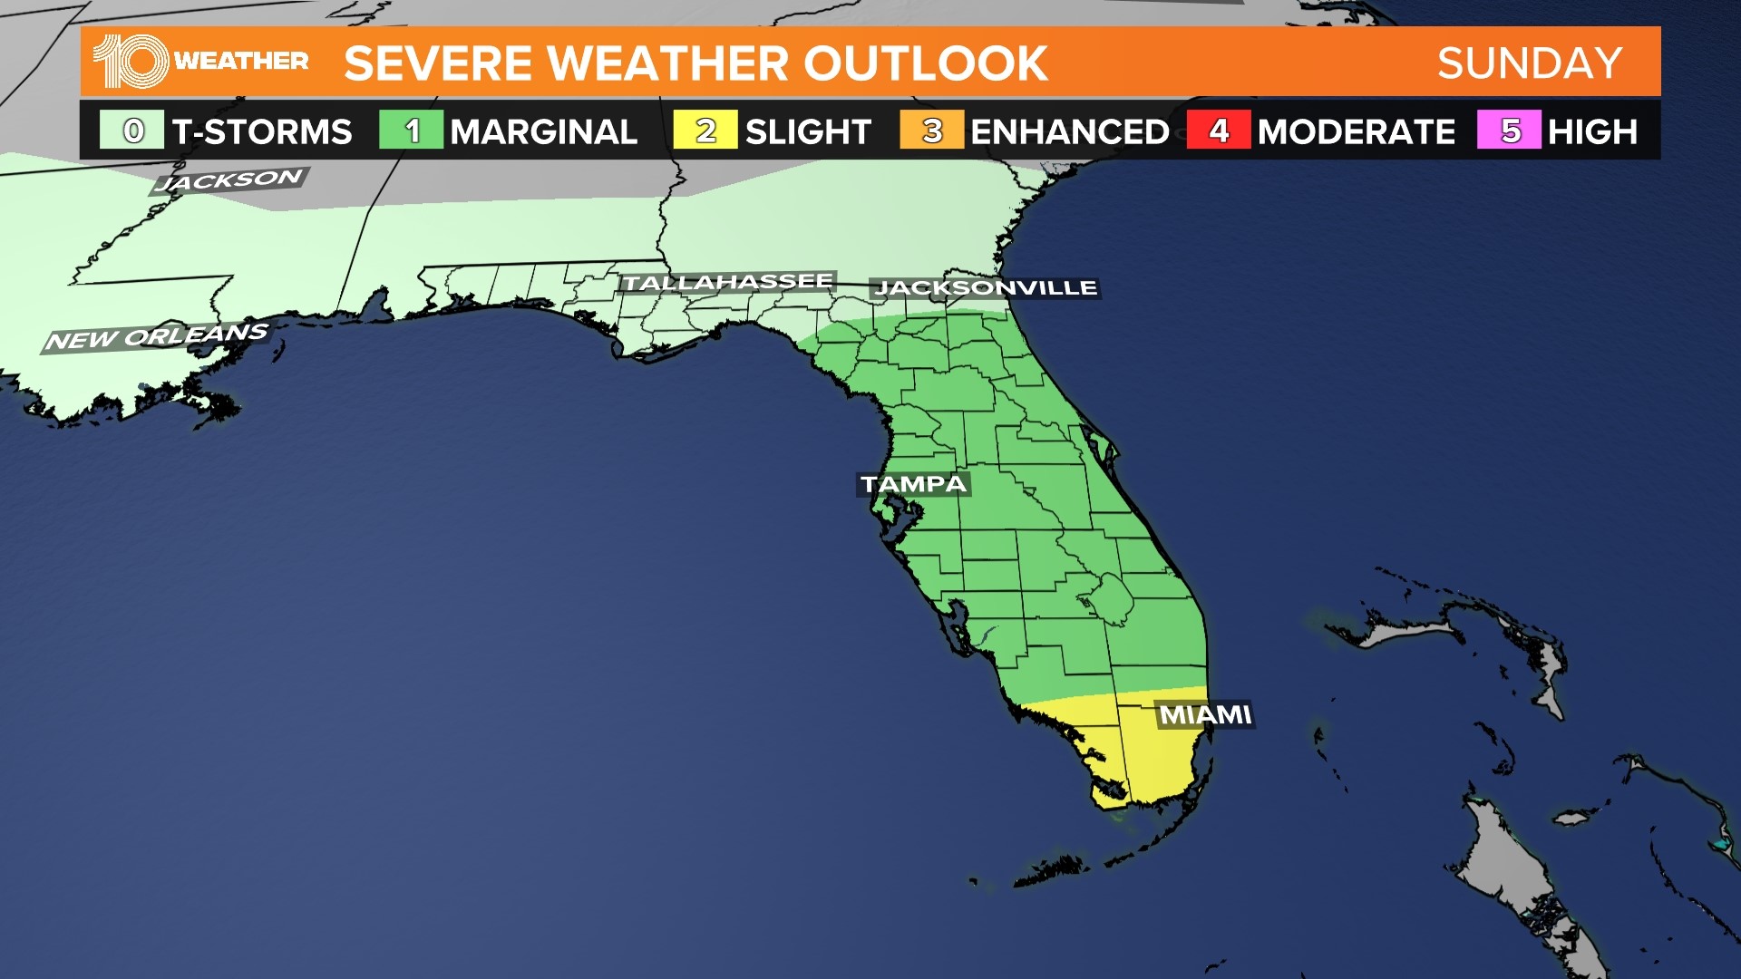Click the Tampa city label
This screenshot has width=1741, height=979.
pyautogui.click(x=914, y=484)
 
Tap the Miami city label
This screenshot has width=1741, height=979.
pyautogui.click(x=1205, y=715)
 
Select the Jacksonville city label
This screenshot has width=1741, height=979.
pyautogui.click(x=986, y=288)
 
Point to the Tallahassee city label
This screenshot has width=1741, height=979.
pyautogui.click(x=727, y=282)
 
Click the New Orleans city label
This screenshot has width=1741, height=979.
pyautogui.click(x=157, y=337)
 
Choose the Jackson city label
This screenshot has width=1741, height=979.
pyautogui.click(x=229, y=179)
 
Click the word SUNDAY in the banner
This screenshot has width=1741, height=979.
pyautogui.click(x=1530, y=63)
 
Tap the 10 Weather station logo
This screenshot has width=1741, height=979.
pyautogui.click(x=200, y=62)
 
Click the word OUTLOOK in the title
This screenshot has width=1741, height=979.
pyautogui.click(x=925, y=63)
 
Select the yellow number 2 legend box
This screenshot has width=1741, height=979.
pyautogui.click(x=705, y=131)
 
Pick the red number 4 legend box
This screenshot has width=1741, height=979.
pyautogui.click(x=1218, y=131)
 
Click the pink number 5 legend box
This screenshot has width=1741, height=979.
pyautogui.click(x=1509, y=131)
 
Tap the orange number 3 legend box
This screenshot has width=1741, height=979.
pyautogui.click(x=931, y=131)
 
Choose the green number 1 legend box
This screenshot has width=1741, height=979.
pyautogui.click(x=412, y=131)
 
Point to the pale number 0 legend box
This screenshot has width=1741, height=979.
pyautogui.click(x=132, y=131)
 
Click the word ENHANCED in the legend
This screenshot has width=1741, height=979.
pyautogui.click(x=1070, y=132)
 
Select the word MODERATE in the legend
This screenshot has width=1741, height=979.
pyautogui.click(x=1357, y=132)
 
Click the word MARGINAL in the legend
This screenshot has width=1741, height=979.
pyautogui.click(x=544, y=132)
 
